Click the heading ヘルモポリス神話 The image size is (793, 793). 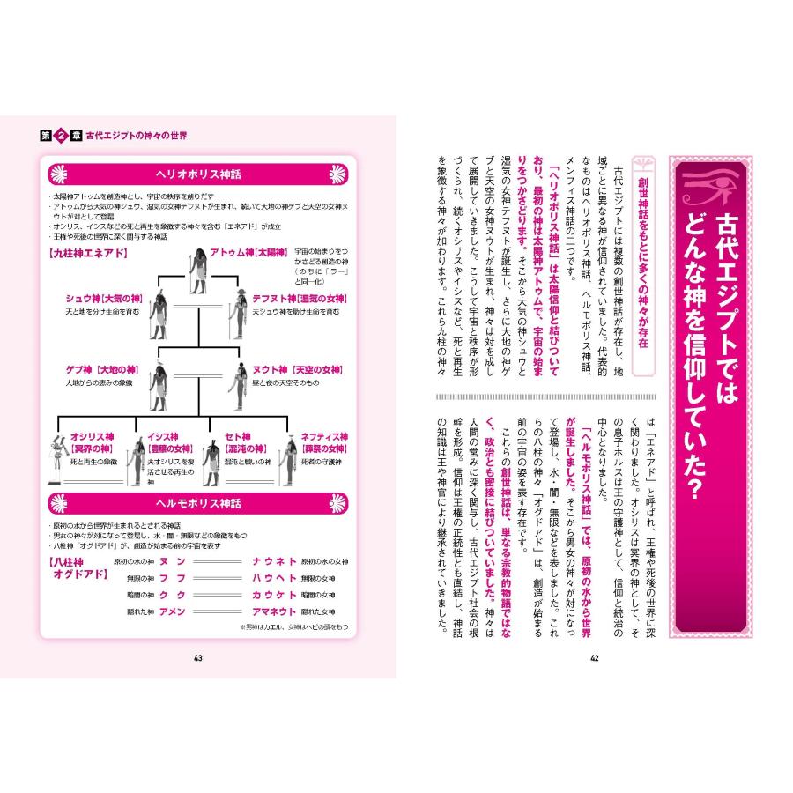click(199, 503)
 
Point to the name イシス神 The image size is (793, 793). click(163, 436)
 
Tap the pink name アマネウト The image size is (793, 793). click(273, 611)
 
